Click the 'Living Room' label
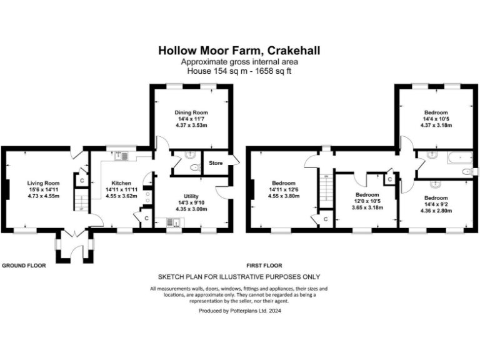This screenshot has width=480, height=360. tap(43, 183)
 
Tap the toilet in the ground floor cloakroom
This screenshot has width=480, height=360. tap(195, 167)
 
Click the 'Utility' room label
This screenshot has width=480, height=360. tap(191, 196)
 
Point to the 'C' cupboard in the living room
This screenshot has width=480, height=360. tap(81, 180)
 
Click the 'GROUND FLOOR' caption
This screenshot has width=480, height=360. tap(24, 266)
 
